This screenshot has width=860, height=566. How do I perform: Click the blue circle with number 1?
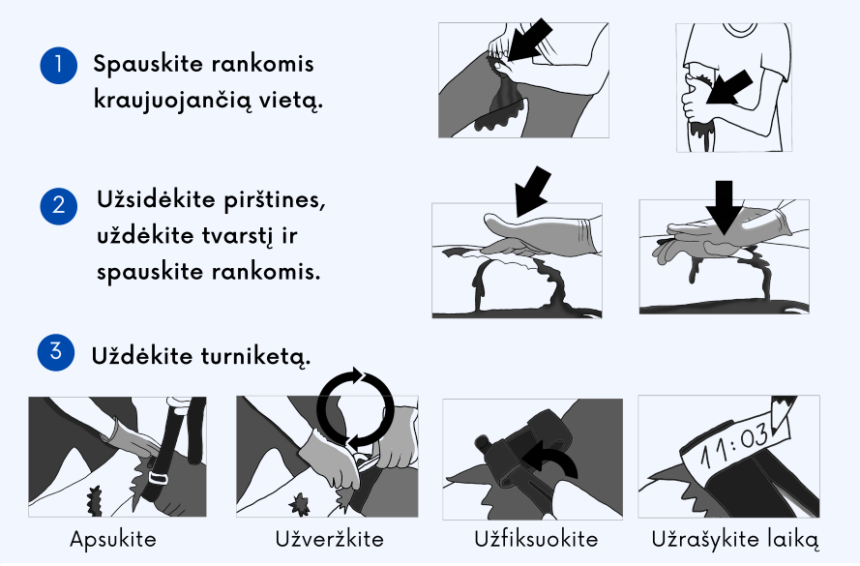58,67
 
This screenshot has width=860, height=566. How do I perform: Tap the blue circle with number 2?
58,206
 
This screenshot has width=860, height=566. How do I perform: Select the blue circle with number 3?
54,352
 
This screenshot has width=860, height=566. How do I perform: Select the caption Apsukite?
113,539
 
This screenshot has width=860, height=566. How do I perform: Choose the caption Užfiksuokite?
536,539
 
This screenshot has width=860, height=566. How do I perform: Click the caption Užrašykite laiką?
735,539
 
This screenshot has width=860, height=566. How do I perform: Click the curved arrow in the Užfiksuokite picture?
554,462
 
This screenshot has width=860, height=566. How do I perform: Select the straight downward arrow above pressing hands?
724,206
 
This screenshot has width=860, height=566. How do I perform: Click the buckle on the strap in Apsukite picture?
162,478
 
